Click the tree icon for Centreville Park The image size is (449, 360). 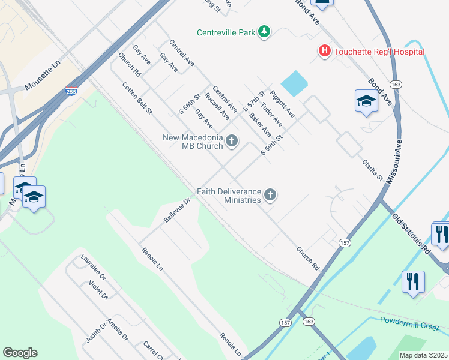[264, 31]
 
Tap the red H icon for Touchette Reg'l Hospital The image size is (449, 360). [325, 51]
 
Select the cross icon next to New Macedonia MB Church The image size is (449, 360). [232, 142]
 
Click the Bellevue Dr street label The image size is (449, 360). [176, 211]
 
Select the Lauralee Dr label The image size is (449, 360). [93, 267]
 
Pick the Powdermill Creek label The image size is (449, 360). [409, 324]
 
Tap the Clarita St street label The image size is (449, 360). [372, 170]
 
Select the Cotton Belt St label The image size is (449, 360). [137, 98]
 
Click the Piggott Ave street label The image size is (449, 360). [282, 104]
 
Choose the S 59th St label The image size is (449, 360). [271, 145]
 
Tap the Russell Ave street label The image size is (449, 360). [217, 106]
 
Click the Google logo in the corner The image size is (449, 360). [20, 352]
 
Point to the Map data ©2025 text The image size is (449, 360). [423, 355]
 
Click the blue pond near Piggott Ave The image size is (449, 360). [293, 83]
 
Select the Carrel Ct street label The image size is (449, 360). [154, 350]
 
